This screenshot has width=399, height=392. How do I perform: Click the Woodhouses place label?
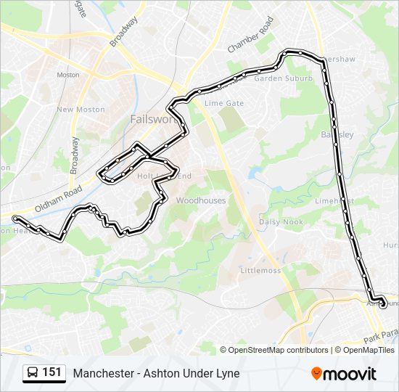tap(201, 200)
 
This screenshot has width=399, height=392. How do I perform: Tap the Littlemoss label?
tap(260, 270)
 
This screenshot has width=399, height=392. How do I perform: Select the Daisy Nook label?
tap(281, 221)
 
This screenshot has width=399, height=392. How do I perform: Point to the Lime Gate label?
tap(224, 103)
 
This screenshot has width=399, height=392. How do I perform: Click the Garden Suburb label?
tap(283, 78)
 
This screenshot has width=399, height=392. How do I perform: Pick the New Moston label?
tap(81, 110)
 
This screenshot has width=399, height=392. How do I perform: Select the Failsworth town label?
tap(150, 118)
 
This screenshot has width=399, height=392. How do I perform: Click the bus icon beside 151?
tap(32, 373)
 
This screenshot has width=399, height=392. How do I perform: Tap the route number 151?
tap(52, 372)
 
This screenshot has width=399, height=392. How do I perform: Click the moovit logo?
tap(344, 373)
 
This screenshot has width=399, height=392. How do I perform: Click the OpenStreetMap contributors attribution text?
tap(273, 349)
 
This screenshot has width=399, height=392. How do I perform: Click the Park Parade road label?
tap(382, 336)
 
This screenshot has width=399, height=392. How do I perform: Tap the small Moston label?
tap(68, 75)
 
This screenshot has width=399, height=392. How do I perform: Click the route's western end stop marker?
tap(15, 217)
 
